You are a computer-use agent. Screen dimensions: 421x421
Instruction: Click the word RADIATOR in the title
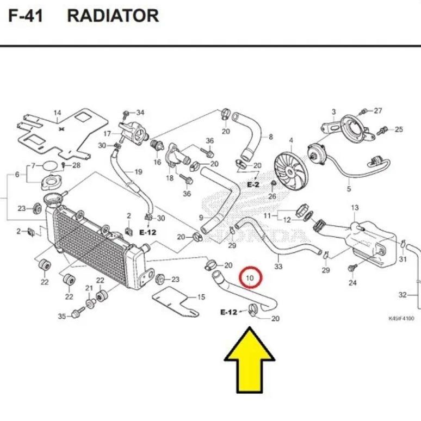point(113,15)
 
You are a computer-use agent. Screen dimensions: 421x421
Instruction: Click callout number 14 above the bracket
point(57,114)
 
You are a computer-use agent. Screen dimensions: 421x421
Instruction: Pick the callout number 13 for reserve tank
point(355,208)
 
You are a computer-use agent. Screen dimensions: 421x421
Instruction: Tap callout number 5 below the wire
point(349,189)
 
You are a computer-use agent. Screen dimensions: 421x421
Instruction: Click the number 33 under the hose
point(278,267)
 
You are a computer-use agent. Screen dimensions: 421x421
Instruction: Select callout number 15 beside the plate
point(201,297)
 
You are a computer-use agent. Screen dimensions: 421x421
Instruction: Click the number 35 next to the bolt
point(61,317)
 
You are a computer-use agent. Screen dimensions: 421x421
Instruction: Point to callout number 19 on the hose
point(138,172)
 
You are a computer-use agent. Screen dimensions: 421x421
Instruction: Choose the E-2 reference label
point(253,185)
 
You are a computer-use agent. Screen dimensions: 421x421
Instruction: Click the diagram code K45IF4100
point(401,319)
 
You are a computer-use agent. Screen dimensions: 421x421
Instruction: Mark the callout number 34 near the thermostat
point(140,113)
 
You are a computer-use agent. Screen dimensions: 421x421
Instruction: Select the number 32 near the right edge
point(403,295)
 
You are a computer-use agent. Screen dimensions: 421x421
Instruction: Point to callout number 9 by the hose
point(201,218)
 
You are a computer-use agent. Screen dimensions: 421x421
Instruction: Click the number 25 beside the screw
point(399,129)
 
